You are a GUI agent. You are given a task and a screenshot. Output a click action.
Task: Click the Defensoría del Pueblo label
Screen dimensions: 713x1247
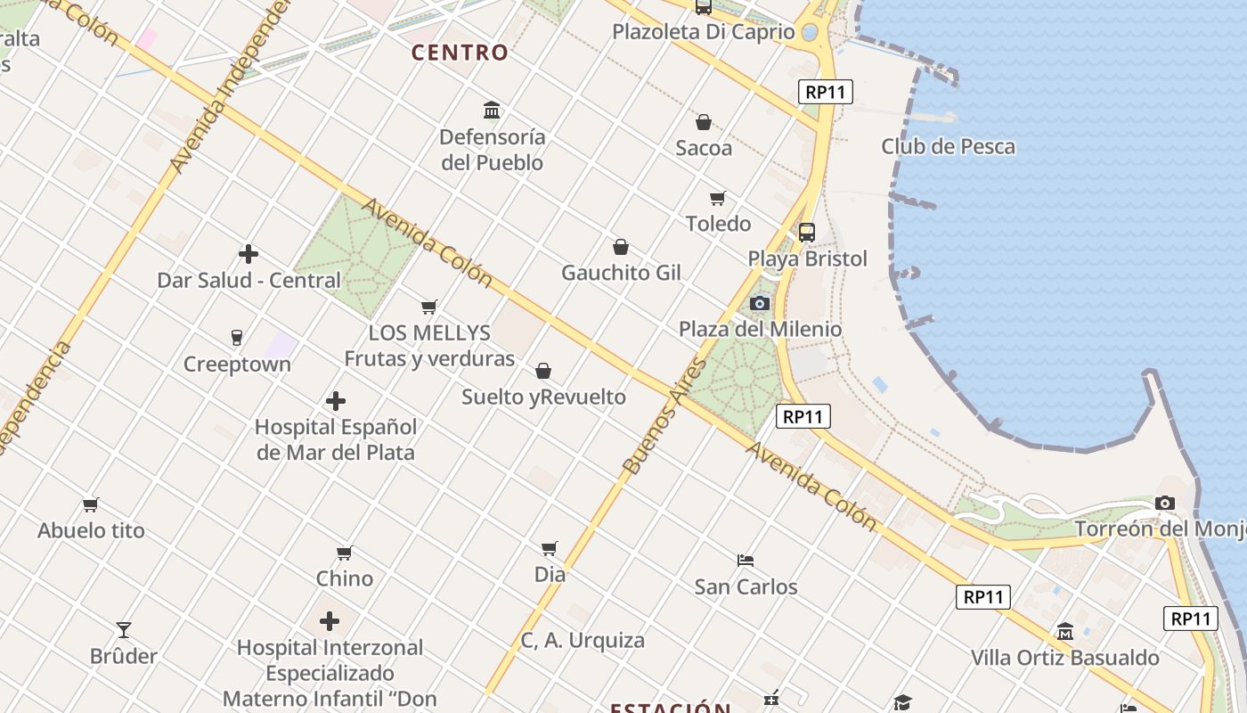(x=492, y=150)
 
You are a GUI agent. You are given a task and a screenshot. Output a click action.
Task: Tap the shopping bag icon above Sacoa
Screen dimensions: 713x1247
(x=704, y=122)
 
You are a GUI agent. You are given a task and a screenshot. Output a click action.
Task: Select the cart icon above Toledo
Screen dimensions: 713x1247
(x=718, y=198)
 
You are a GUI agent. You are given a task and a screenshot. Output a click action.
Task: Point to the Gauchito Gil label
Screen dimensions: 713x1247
(x=621, y=273)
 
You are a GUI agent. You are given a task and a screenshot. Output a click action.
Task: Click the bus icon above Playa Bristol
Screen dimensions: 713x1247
(x=806, y=233)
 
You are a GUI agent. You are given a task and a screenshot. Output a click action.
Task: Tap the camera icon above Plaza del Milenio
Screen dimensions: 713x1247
(x=760, y=303)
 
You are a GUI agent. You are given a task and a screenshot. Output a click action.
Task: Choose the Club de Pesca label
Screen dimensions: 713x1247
(x=948, y=146)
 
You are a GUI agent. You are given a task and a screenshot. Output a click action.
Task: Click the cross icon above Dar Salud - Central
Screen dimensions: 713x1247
(x=249, y=254)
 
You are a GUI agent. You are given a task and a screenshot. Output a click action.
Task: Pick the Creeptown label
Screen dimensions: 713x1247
(x=237, y=364)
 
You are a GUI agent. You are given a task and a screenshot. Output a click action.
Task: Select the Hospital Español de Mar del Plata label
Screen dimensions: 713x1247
(x=336, y=439)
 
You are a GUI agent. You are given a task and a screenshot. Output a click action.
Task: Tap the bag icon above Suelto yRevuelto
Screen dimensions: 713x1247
(x=543, y=371)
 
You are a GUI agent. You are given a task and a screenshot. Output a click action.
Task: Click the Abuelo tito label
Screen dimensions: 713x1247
(x=91, y=530)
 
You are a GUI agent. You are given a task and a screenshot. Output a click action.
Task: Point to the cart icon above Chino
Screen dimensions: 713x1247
(x=345, y=553)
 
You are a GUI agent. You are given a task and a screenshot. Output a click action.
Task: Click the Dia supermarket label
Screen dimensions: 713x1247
(x=550, y=574)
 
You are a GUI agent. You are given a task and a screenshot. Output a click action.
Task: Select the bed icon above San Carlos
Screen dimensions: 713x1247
(x=746, y=561)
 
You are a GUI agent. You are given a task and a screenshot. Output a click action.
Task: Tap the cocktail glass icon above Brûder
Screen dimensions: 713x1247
(x=124, y=630)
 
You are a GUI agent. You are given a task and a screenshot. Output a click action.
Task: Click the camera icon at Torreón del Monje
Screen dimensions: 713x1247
(x=1165, y=504)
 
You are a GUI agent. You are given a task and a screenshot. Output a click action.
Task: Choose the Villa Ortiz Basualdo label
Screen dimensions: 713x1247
(x=1064, y=658)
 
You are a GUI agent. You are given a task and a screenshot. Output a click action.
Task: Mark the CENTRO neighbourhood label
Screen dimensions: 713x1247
(x=460, y=53)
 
